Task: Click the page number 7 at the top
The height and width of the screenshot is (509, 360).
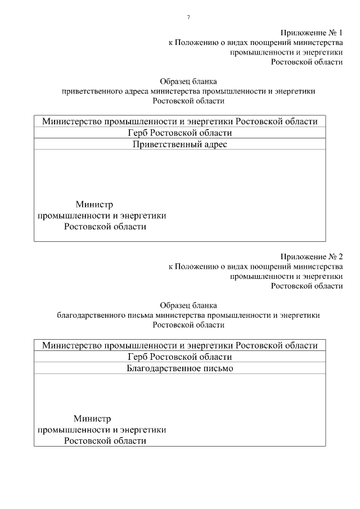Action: (188, 17)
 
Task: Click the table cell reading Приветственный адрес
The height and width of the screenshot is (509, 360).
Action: (180, 144)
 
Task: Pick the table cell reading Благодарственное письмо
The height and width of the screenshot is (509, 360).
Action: (180, 368)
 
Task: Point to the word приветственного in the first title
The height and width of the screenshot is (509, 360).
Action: (89, 91)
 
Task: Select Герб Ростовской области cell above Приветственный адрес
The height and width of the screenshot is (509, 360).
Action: (180, 133)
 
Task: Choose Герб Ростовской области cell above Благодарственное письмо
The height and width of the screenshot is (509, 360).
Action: (180, 357)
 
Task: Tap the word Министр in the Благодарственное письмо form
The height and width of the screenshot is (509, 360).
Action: (92, 418)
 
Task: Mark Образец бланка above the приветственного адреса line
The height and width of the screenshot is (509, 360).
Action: (188, 80)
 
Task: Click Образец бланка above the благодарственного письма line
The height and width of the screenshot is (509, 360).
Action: (188, 305)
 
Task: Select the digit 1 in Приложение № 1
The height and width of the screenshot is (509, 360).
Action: (340, 32)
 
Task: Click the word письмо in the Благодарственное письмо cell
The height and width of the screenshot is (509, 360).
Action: (219, 368)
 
